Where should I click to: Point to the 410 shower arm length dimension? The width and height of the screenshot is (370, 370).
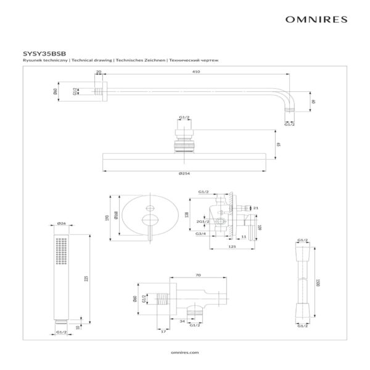[196, 72]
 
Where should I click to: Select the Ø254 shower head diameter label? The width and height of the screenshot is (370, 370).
[184, 174]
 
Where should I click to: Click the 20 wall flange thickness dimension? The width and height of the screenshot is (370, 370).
[99, 72]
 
